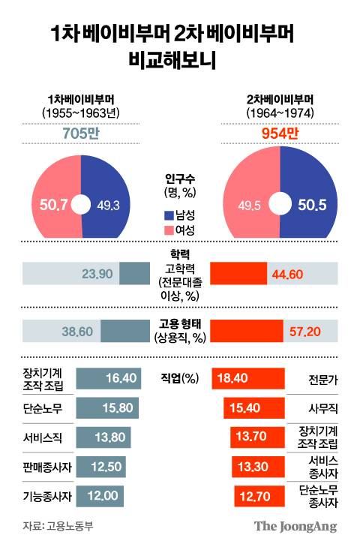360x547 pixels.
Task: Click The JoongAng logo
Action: click(x=294, y=526)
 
